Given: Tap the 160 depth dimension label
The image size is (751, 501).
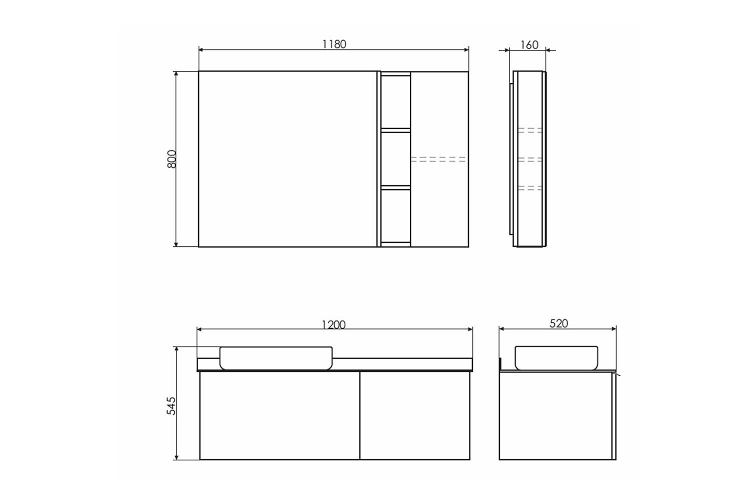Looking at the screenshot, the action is point(529,45).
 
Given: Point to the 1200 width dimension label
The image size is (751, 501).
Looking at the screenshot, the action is point(333,325).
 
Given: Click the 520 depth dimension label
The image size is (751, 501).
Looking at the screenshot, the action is point(559,324).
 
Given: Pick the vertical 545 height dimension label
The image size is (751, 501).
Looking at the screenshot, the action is point(171,406).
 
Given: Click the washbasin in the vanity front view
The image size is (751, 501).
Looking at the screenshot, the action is point(276,358).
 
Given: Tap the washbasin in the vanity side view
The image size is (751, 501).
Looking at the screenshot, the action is point(556,358).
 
